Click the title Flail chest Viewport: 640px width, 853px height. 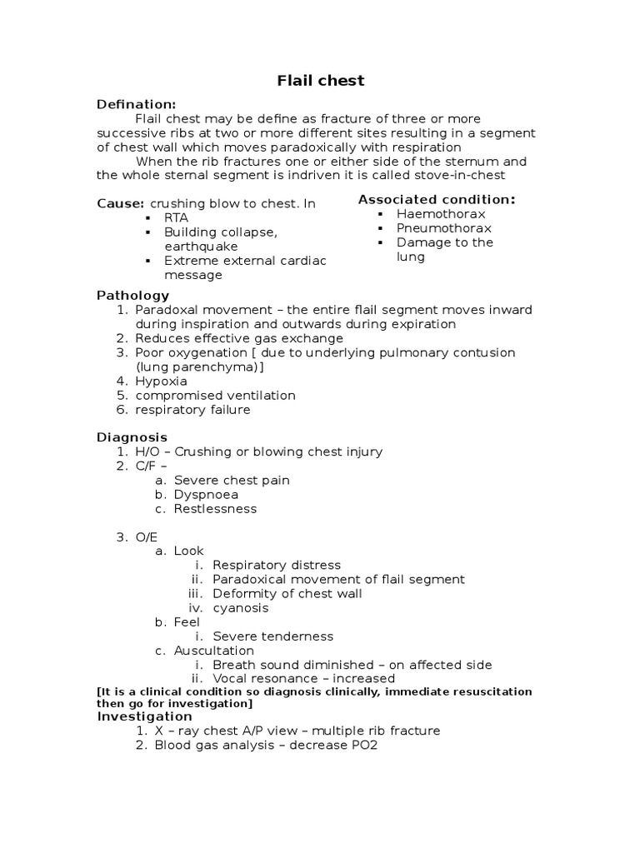click(x=320, y=81)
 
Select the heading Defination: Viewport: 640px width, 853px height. click(x=136, y=104)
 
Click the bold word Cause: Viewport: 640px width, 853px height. click(x=121, y=203)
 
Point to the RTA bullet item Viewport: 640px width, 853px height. click(x=176, y=217)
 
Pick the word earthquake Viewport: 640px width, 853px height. click(x=201, y=247)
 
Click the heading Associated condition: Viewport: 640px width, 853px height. click(x=437, y=199)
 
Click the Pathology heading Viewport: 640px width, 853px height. click(x=133, y=295)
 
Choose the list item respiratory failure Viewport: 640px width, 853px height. click(x=192, y=410)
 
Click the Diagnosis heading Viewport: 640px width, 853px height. click(x=132, y=437)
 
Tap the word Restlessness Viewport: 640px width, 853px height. click(x=215, y=508)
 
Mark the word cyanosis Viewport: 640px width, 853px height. click(x=241, y=608)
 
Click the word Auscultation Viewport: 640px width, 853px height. click(x=214, y=651)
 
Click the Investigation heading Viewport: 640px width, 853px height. click(x=145, y=716)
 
